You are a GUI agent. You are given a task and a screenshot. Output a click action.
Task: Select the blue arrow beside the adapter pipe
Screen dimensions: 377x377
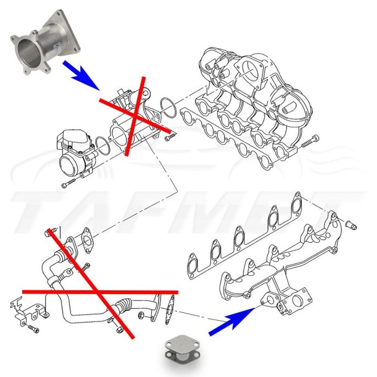(81, 75)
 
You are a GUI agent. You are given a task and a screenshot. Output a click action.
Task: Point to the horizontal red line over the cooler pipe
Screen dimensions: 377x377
(100, 291)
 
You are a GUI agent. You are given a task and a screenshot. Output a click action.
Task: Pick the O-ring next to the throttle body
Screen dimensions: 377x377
(100, 144)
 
